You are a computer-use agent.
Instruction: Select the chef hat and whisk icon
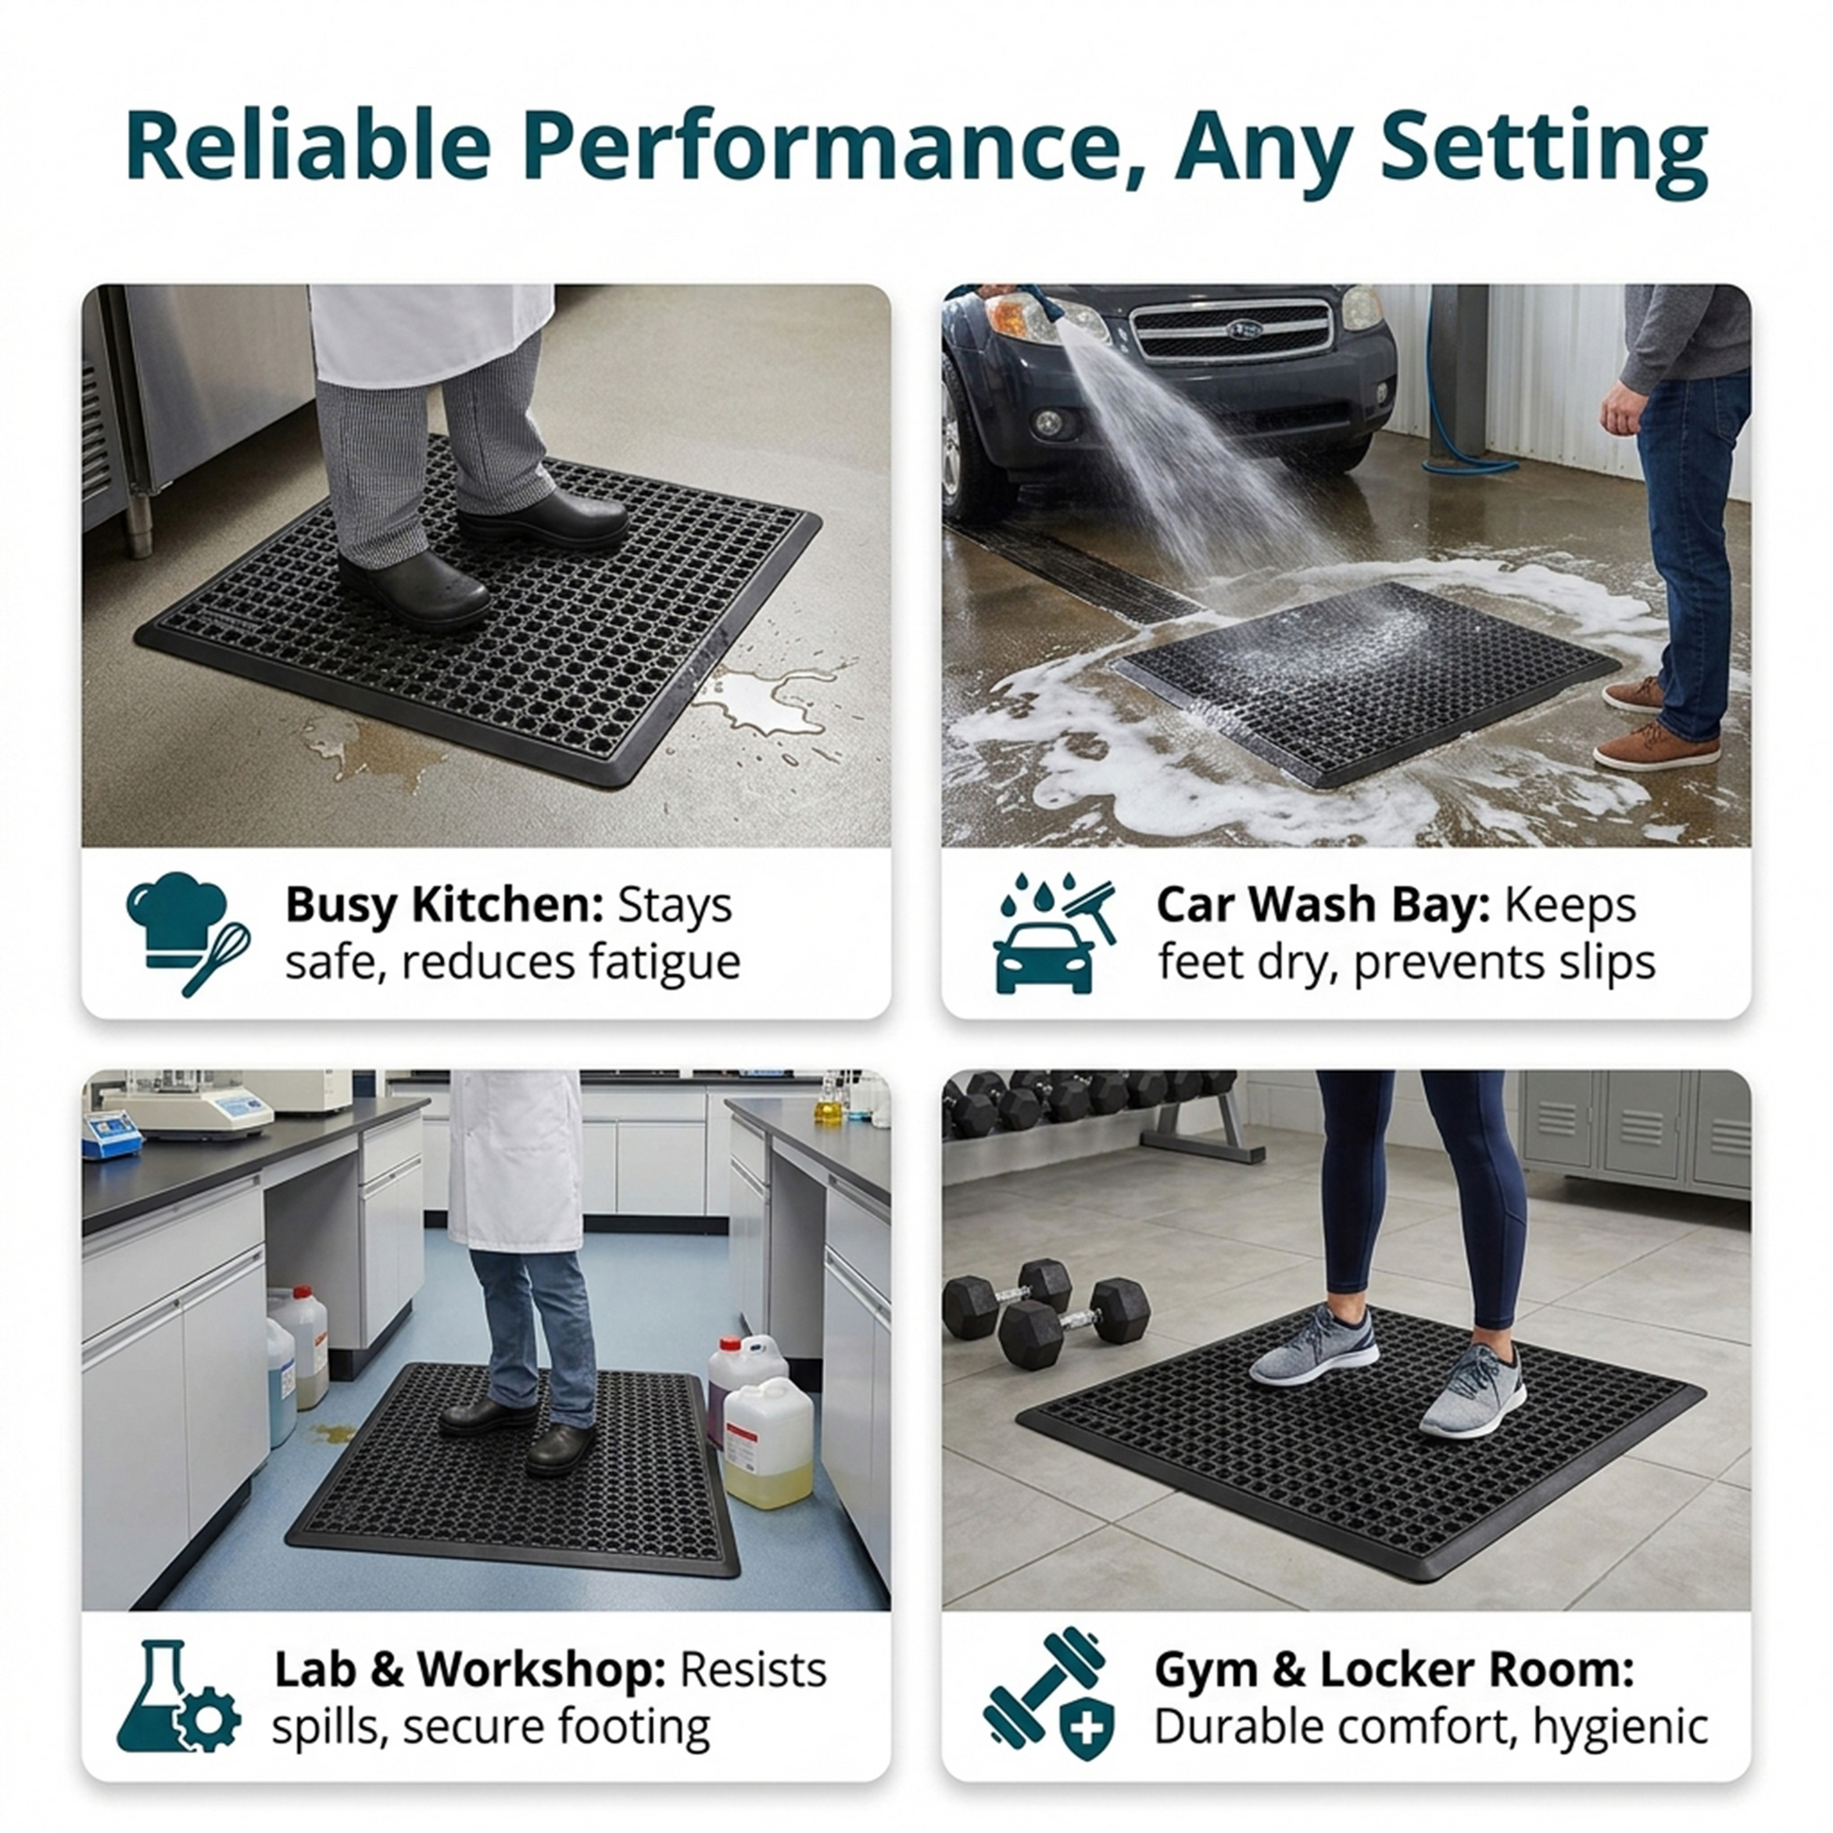187,933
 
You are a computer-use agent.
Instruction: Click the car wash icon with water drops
1054,933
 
